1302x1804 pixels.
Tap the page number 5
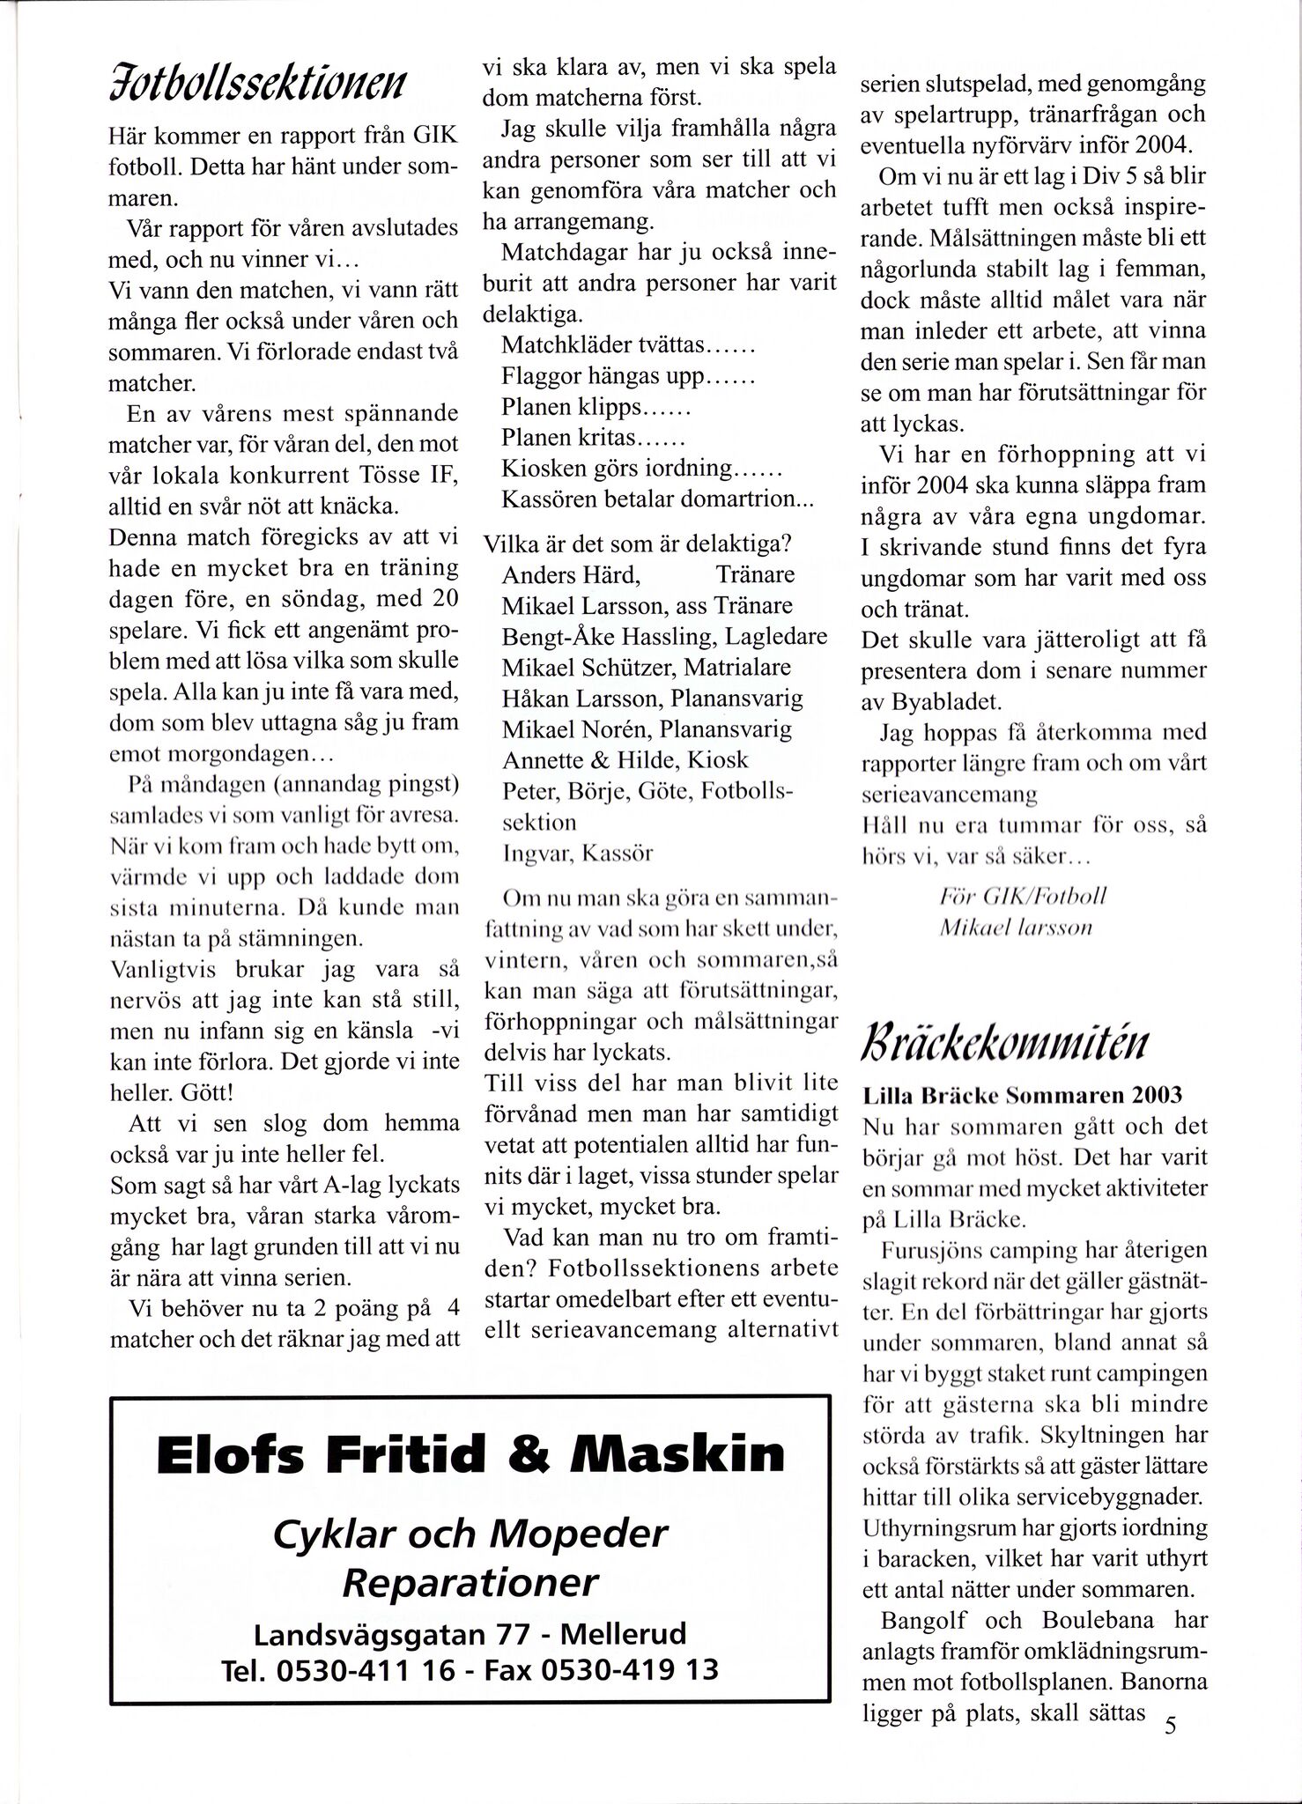pyautogui.click(x=1170, y=1725)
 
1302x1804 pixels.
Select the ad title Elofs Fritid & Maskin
pyautogui.click(x=470, y=1454)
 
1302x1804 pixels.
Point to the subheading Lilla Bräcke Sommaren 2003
pyautogui.click(x=1023, y=1096)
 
